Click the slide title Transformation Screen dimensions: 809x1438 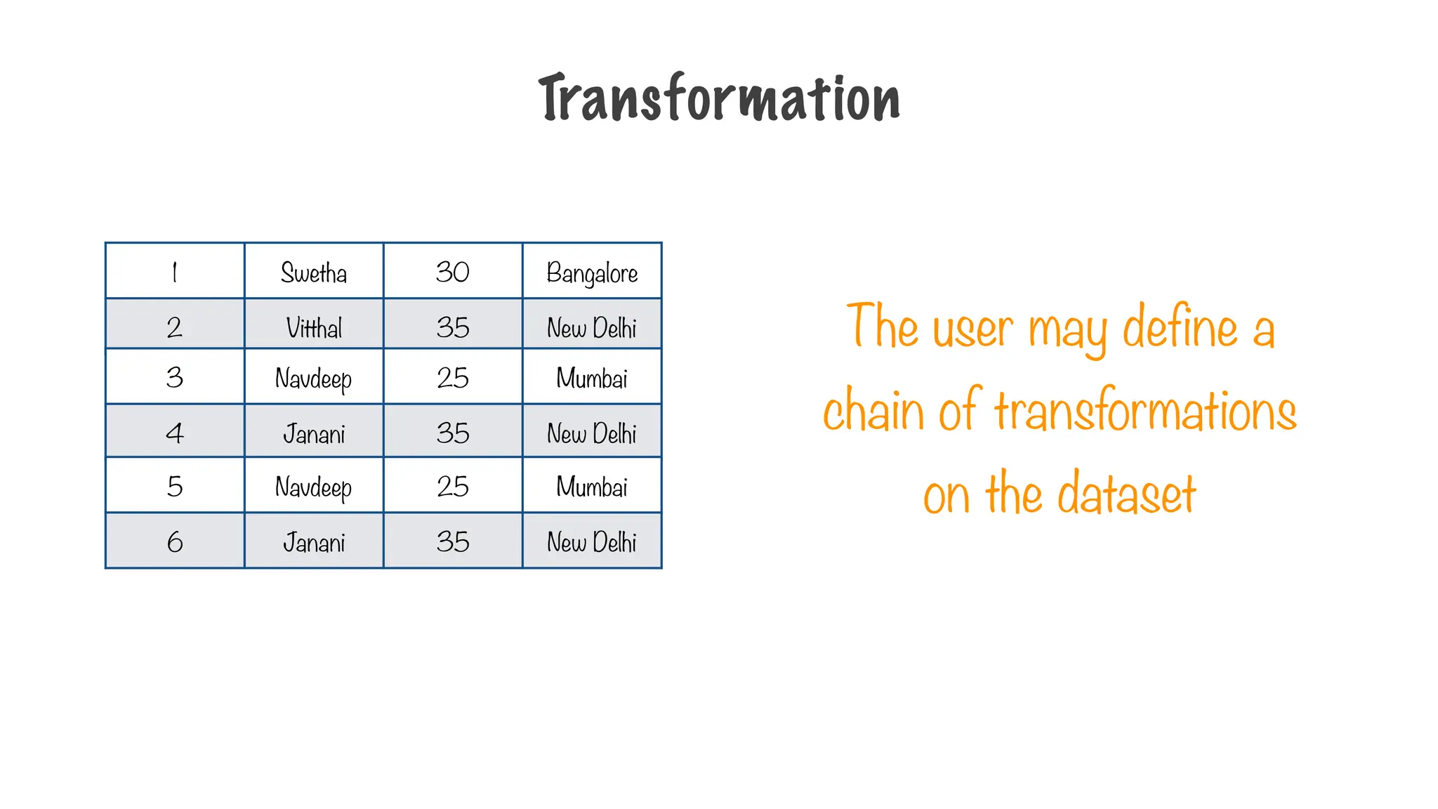[719, 98]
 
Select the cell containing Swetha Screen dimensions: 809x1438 [314, 272]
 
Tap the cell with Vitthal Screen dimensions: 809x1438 [314, 327]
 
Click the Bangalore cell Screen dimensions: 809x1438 [592, 272]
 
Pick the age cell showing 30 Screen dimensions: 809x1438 [453, 272]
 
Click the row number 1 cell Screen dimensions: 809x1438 [175, 272]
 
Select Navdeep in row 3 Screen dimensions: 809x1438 [314, 379]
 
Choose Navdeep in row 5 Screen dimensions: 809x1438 [314, 487]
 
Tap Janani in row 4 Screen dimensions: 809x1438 [314, 433]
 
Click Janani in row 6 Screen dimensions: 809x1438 [314, 542]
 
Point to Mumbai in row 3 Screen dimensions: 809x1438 [592, 379]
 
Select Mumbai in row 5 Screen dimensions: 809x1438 [592, 487]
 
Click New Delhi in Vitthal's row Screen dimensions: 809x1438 [592, 327]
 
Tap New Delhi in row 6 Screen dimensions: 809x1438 [592, 542]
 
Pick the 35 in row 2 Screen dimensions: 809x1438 [453, 327]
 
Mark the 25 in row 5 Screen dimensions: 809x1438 [453, 487]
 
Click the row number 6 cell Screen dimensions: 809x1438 [175, 542]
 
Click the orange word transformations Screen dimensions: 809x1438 [1145, 412]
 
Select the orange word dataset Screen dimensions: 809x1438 [1126, 494]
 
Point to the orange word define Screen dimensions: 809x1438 [1180, 328]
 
